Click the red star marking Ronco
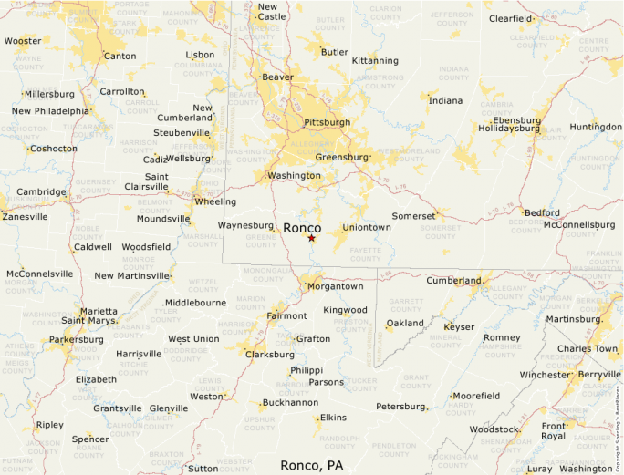(x=311, y=238)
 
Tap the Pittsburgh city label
(x=327, y=121)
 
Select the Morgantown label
(x=335, y=286)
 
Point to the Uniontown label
(x=368, y=227)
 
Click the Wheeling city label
(x=215, y=201)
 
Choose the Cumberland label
(x=453, y=280)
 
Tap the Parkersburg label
(x=77, y=339)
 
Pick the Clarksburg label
(x=269, y=354)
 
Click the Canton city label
(x=120, y=56)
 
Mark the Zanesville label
(x=26, y=217)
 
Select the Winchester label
(x=544, y=375)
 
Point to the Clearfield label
(x=511, y=18)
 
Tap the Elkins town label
(x=332, y=418)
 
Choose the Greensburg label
(x=341, y=157)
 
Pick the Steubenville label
(x=182, y=132)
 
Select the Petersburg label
(x=401, y=406)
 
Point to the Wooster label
(x=23, y=41)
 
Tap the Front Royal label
(x=554, y=430)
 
